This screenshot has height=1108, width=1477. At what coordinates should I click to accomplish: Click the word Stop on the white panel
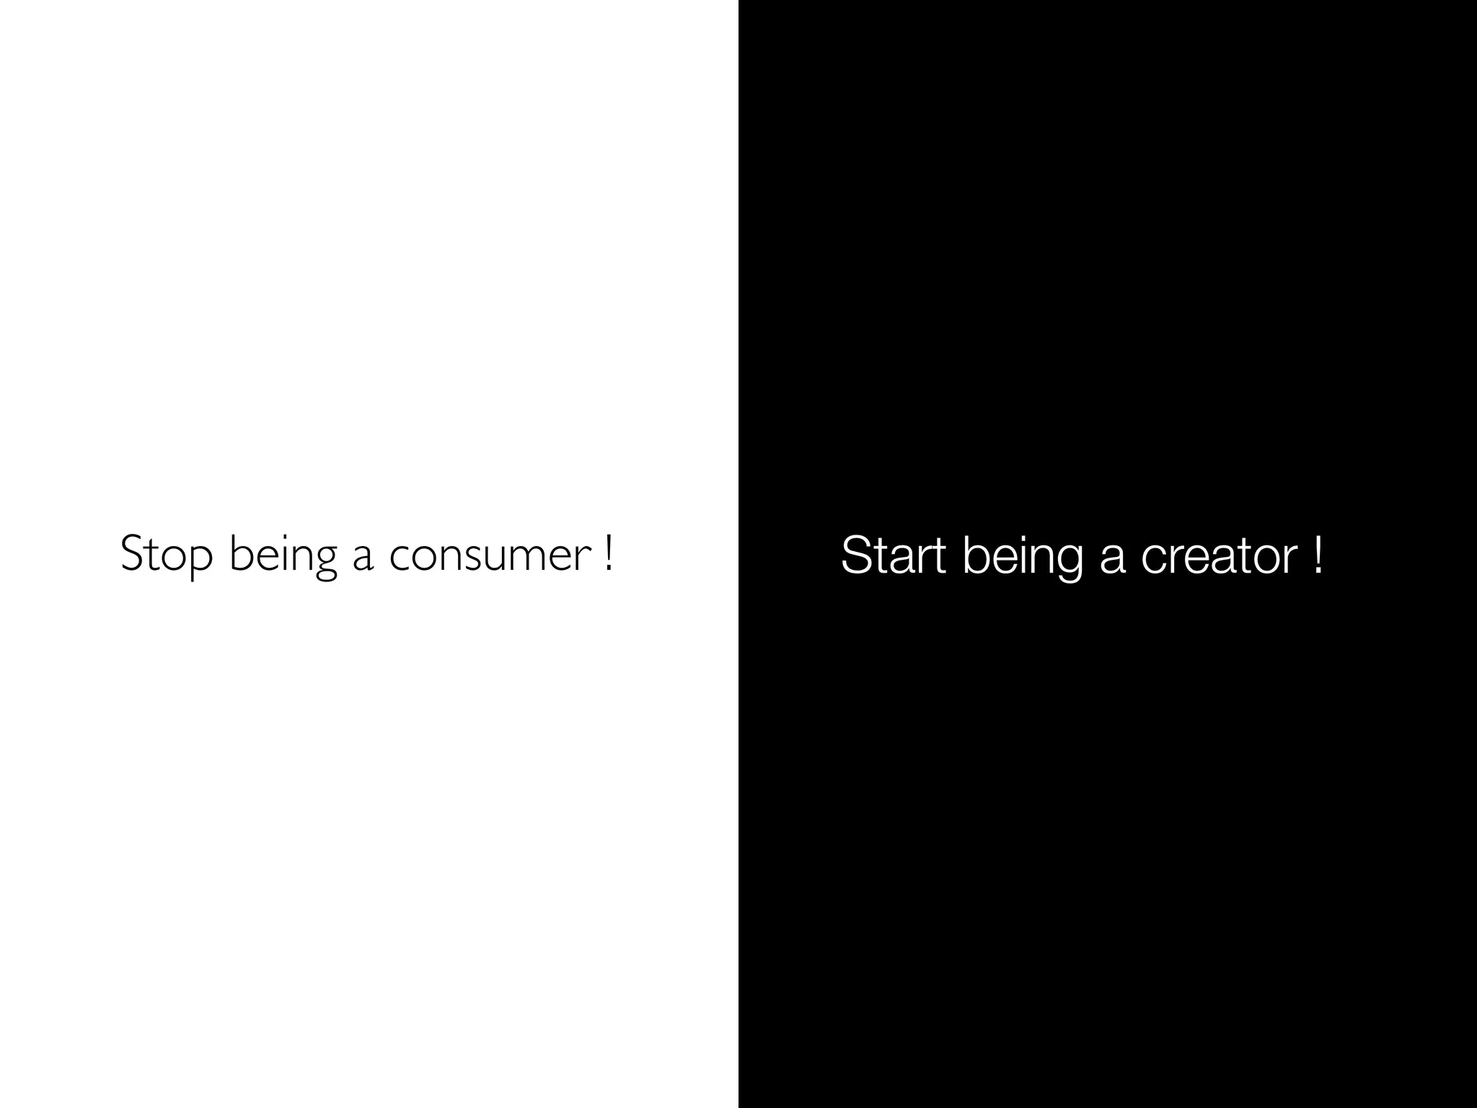[x=167, y=554]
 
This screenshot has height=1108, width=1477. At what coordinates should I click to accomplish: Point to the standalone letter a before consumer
[x=363, y=558]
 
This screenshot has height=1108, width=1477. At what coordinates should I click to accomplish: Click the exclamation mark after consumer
[x=609, y=553]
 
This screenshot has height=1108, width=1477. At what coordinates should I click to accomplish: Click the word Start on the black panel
[x=893, y=555]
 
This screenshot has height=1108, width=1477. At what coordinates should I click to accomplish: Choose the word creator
[x=1220, y=558]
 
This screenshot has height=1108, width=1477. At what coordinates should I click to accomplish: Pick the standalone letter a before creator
[x=1112, y=558]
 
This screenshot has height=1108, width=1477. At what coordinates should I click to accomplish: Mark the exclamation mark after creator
[x=1318, y=554]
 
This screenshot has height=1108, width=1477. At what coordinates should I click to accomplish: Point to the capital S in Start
[x=854, y=555]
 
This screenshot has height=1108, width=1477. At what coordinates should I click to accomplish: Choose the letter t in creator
[x=1245, y=556]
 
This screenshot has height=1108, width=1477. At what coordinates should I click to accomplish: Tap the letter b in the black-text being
[x=975, y=555]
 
